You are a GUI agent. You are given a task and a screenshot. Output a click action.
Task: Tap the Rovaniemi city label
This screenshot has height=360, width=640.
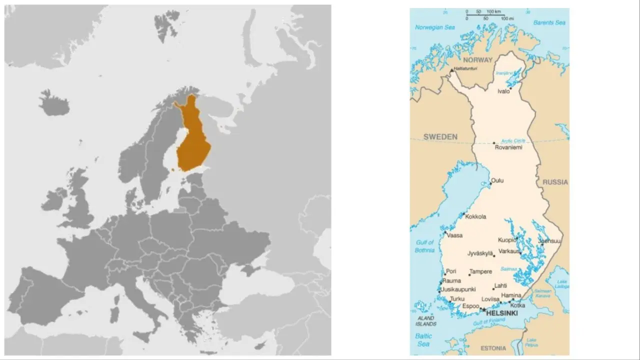tap(508, 147)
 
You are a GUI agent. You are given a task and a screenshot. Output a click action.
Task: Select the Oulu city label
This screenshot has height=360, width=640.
tap(497, 180)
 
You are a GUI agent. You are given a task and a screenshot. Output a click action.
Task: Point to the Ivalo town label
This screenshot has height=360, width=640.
tap(503, 91)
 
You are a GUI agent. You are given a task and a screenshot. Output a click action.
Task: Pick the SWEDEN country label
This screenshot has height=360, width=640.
tap(440, 137)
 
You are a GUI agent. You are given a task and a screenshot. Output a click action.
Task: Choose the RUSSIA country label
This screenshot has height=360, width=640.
tap(555, 182)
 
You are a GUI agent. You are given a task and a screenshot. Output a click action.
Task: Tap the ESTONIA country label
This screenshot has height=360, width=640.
tap(492, 348)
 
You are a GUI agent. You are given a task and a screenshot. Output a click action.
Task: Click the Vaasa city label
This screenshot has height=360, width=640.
tap(454, 235)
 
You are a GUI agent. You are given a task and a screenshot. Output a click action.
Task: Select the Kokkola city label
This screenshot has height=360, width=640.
tap(475, 217)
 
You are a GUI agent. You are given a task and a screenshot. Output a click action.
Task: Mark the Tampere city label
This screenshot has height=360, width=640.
tap(480, 272)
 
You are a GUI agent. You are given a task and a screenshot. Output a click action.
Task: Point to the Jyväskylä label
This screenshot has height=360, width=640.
tap(480, 253)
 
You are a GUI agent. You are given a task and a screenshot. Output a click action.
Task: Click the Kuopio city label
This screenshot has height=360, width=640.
tap(506, 240)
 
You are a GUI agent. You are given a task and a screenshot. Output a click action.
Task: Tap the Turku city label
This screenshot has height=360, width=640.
tap(457, 299)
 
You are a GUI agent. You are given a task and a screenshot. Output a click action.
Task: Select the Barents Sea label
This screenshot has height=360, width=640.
tap(548, 22)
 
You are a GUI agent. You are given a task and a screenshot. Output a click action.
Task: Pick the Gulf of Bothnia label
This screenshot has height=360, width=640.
tap(425, 246)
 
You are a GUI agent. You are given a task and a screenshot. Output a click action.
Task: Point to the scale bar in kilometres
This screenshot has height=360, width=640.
tap(485, 14)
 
